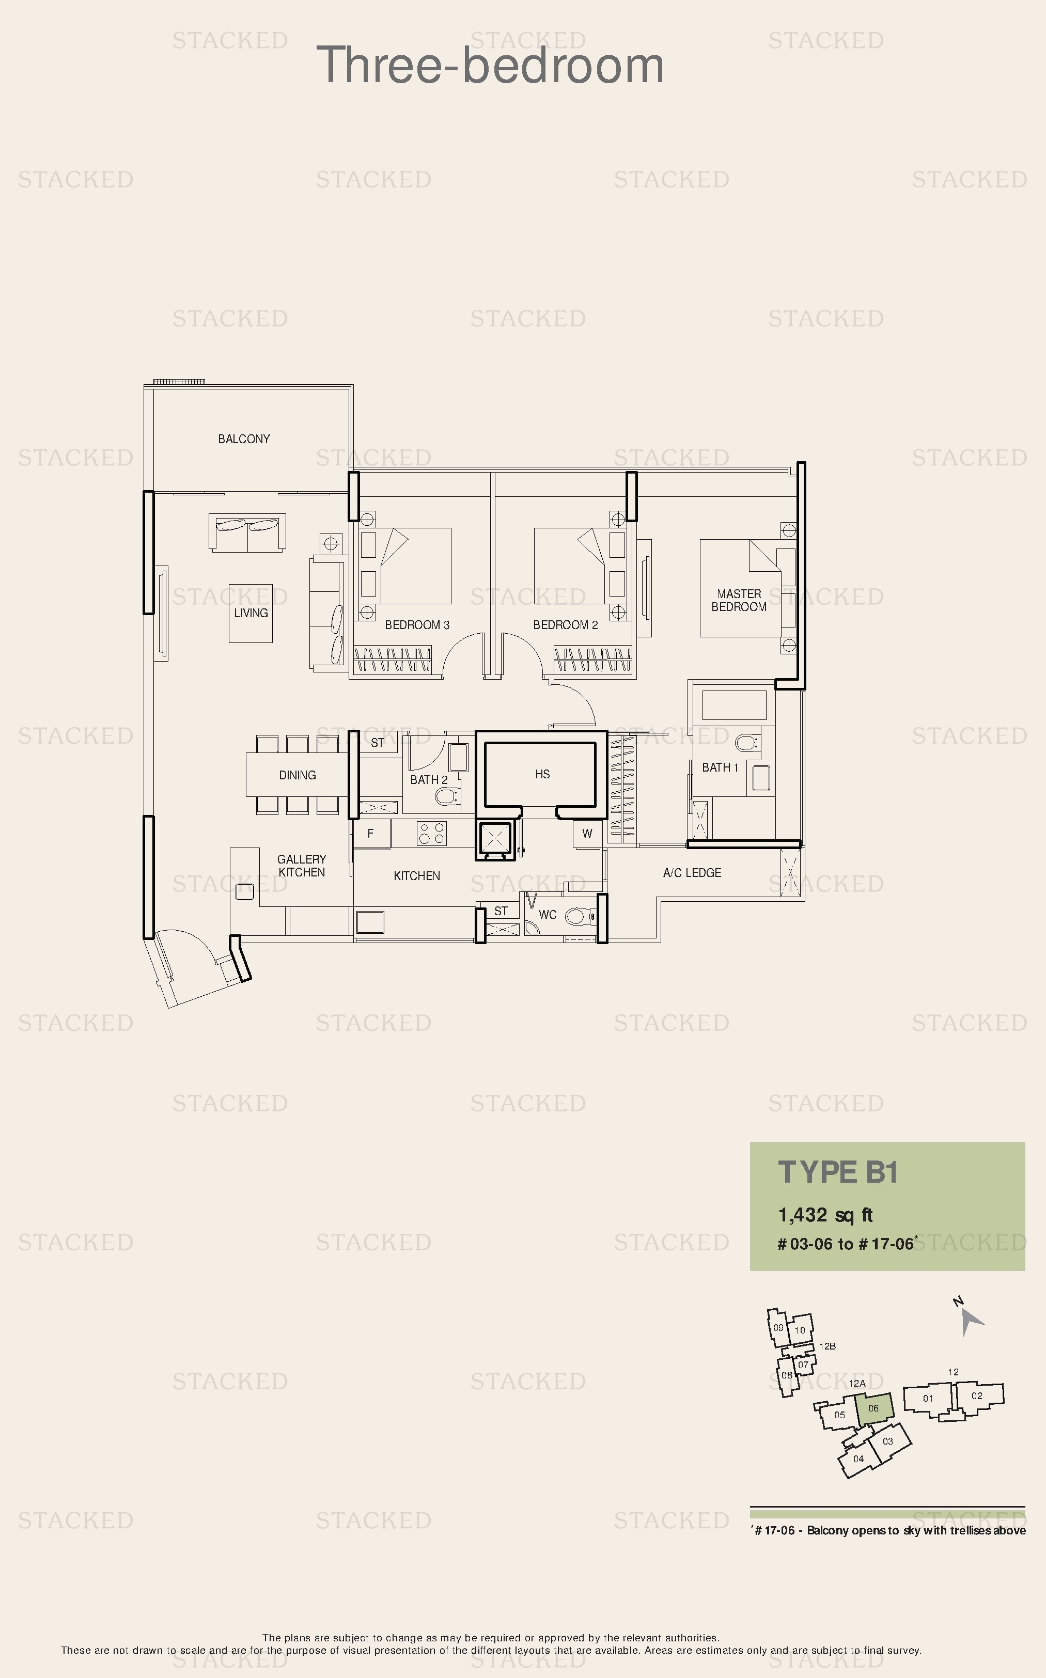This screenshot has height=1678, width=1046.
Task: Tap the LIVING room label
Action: (251, 613)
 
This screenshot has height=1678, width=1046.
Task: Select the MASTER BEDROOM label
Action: (739, 600)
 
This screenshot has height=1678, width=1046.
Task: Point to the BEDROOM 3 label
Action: (417, 624)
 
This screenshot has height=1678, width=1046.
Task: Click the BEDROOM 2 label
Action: (565, 624)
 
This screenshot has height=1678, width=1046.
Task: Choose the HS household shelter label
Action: (542, 774)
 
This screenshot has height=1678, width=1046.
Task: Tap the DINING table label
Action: (298, 775)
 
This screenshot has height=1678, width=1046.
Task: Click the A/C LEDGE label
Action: (692, 873)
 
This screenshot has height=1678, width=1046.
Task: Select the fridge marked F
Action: (371, 834)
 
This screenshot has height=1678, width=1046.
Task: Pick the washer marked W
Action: (587, 834)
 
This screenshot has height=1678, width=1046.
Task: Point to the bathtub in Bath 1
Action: (734, 705)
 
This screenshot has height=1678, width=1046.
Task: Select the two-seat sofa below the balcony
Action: (247, 532)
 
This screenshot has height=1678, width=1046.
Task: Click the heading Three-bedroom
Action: (490, 66)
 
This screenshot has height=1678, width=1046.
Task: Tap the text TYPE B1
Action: (838, 1172)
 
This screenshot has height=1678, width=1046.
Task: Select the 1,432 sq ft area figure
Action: (825, 1215)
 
